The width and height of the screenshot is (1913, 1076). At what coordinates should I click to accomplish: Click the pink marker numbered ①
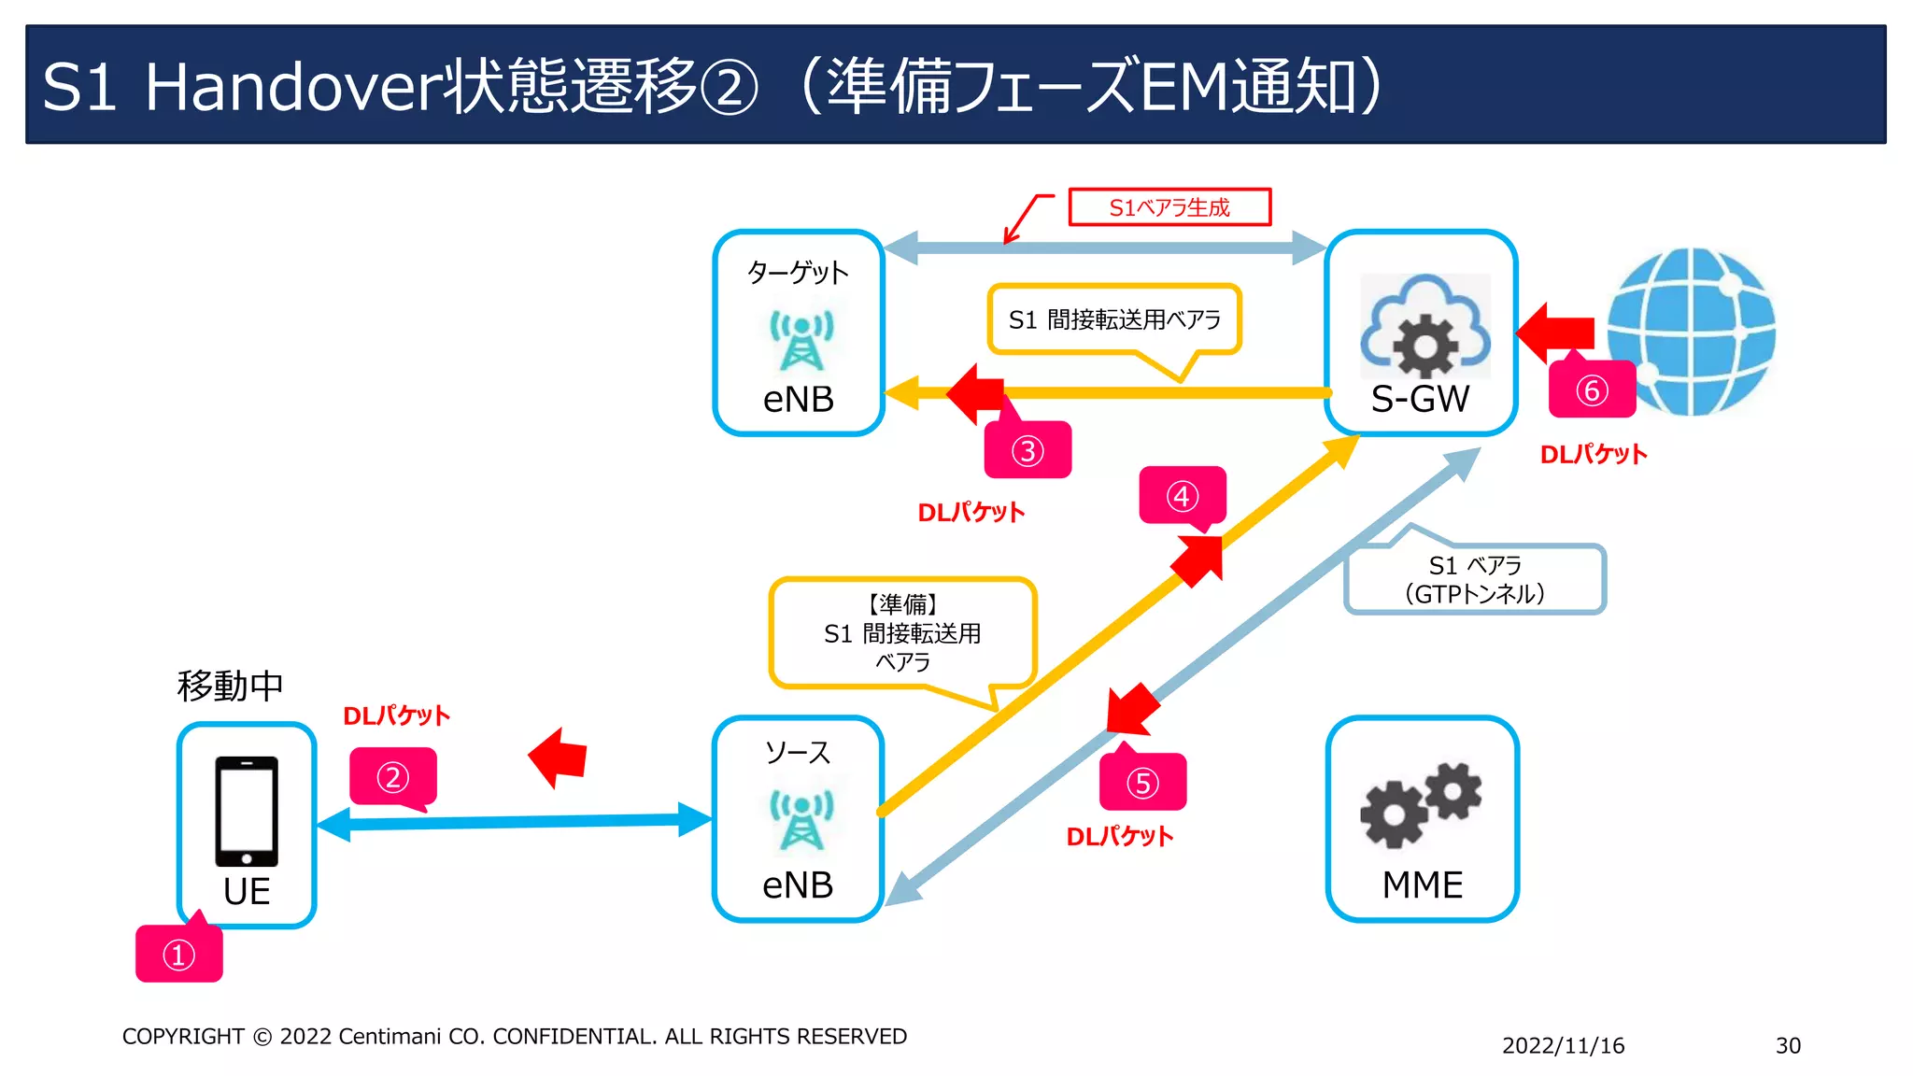(x=178, y=955)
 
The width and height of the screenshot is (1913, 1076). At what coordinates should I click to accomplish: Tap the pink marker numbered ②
(x=392, y=776)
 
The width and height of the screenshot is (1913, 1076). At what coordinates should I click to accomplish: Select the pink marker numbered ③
(x=1027, y=450)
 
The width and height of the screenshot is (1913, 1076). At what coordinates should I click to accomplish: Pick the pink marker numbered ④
(x=1182, y=495)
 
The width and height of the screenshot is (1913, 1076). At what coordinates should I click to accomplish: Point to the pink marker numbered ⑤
(x=1142, y=782)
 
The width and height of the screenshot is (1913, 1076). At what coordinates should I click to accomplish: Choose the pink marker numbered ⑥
(x=1592, y=389)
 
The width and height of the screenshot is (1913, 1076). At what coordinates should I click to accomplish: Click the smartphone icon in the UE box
(x=247, y=811)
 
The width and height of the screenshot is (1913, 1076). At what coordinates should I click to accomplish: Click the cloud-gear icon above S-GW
(x=1424, y=327)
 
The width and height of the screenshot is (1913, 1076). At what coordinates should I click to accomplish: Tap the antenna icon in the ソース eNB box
(x=801, y=819)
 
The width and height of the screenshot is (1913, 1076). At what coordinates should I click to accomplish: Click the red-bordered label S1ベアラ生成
(x=1169, y=207)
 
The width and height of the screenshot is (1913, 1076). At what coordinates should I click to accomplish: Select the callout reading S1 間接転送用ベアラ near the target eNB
(x=1114, y=319)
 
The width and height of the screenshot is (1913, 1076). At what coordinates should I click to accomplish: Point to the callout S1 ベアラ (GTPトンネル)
(x=1475, y=579)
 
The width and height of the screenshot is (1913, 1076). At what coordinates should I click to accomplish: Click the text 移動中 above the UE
(x=230, y=686)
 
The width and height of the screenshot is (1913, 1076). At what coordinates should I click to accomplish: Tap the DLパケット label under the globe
(x=1593, y=454)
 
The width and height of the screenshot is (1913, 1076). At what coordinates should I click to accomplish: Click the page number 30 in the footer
(x=1787, y=1045)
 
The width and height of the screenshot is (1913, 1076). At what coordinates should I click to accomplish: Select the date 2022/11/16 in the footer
(x=1563, y=1045)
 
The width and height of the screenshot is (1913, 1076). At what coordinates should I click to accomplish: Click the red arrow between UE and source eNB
(x=560, y=757)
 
